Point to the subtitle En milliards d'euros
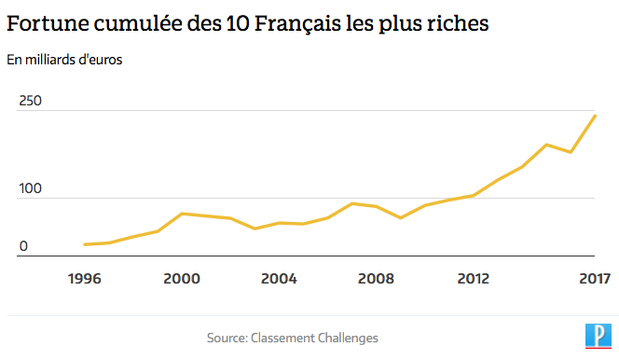point(64,61)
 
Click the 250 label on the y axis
point(31,101)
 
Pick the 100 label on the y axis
point(31,188)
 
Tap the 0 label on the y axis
point(24,246)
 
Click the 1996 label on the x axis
point(85,278)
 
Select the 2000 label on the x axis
point(182,278)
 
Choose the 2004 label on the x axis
point(279,278)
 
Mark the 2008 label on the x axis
point(376,278)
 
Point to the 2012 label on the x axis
point(474,278)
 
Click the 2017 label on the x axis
point(594,278)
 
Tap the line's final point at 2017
point(595,116)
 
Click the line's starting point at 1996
point(85,244)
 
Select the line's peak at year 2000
point(182,214)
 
